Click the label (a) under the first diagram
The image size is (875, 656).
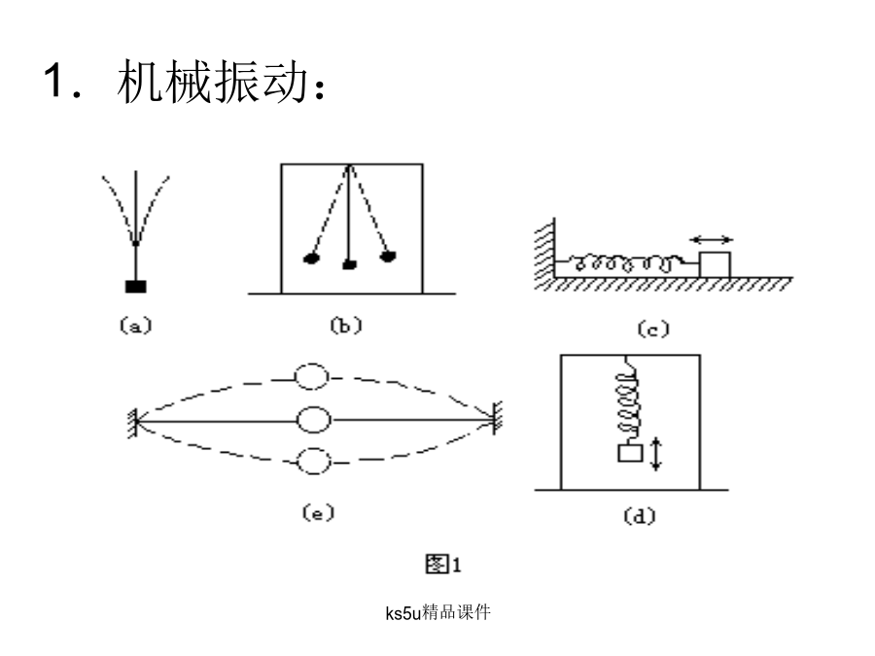(x=136, y=328)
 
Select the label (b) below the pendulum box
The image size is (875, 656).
(x=345, y=328)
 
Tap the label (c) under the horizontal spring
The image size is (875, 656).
(x=653, y=329)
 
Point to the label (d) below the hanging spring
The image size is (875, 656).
(x=639, y=517)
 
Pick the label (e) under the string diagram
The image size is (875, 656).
(x=317, y=514)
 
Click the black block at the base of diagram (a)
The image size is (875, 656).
(x=136, y=286)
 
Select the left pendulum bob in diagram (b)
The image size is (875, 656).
(x=312, y=259)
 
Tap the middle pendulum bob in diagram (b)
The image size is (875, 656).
(x=349, y=264)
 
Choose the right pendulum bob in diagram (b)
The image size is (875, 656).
(x=389, y=258)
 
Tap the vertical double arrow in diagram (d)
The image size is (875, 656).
(x=657, y=454)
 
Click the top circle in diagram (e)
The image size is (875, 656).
(x=313, y=377)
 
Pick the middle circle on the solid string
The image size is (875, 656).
(x=313, y=420)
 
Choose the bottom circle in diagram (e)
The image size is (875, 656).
(x=313, y=462)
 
